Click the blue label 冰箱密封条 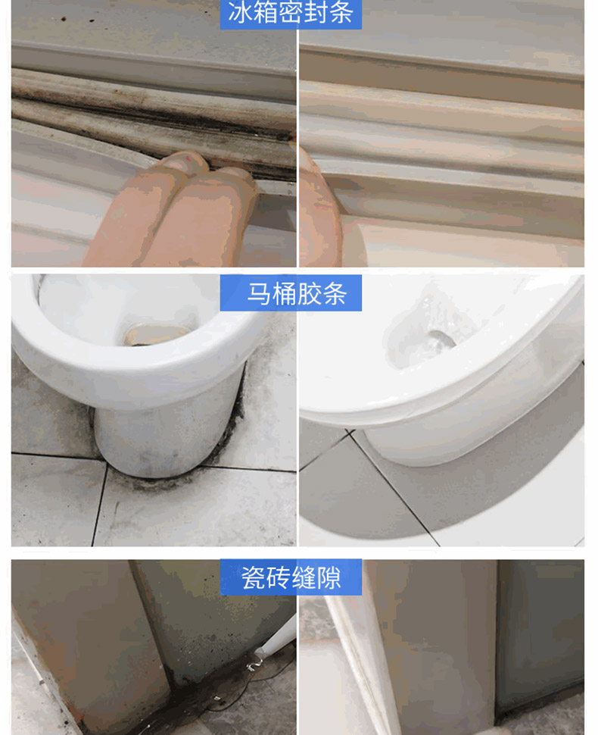pyautogui.click(x=291, y=14)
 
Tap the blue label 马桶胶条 pyautogui.click(x=291, y=293)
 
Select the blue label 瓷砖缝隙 pyautogui.click(x=291, y=577)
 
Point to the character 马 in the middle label pyautogui.click(x=259, y=294)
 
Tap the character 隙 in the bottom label pyautogui.click(x=329, y=578)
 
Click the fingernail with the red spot pyautogui.click(x=184, y=161)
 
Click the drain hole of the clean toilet pyautogui.click(x=441, y=339)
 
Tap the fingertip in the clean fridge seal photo pyautogui.click(x=319, y=211)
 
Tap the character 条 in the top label pyautogui.click(x=341, y=13)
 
